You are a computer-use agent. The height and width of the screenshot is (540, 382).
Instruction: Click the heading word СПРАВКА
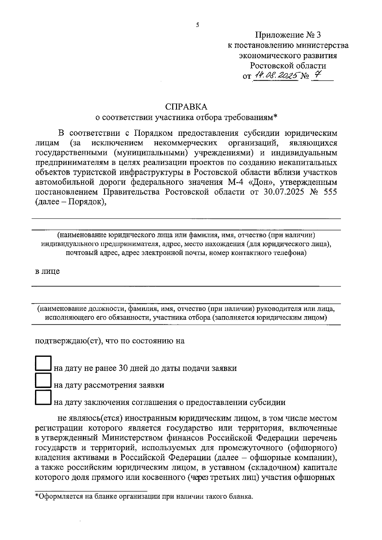click(186, 107)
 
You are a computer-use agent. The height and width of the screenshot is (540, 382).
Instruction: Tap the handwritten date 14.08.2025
click(276, 76)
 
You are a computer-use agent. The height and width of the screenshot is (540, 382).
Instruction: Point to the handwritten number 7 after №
click(317, 75)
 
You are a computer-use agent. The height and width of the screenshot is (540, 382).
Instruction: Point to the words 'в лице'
click(47, 271)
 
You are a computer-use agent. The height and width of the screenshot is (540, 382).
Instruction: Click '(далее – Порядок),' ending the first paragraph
click(70, 202)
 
